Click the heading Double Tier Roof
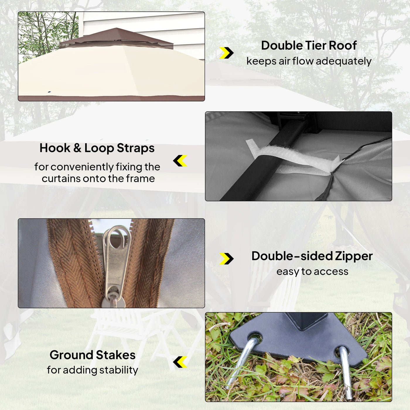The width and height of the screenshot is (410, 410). click(309, 45)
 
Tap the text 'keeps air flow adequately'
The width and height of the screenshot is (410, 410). click(309, 61)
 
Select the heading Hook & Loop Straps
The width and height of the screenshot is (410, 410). click(97, 148)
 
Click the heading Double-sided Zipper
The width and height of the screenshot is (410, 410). click(312, 256)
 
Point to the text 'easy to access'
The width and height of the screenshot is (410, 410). click(312, 272)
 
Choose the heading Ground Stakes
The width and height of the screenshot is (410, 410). click(93, 355)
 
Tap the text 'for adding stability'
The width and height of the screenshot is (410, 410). click(93, 370)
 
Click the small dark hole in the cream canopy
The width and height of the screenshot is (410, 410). click(49, 92)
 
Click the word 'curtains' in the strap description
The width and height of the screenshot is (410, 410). click(61, 179)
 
